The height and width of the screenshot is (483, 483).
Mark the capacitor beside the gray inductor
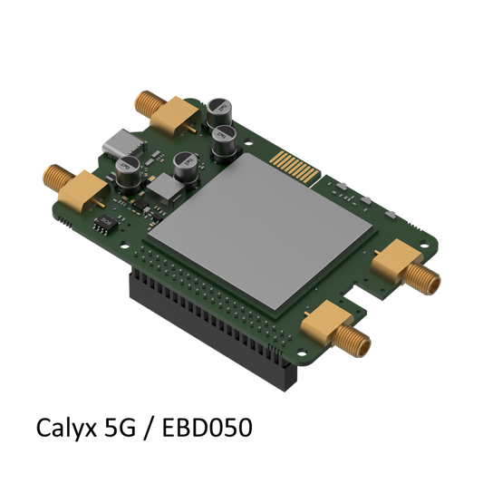(x=185, y=165)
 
